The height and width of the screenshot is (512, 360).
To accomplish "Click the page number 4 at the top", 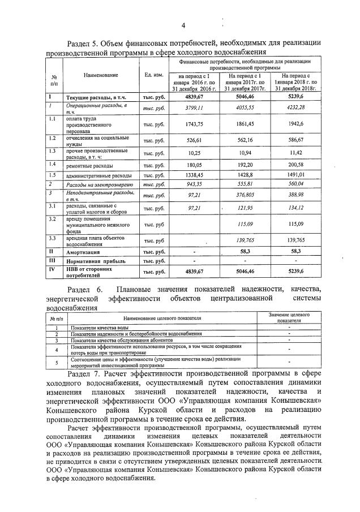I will click(x=183, y=25).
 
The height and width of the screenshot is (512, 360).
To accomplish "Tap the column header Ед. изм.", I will click(x=154, y=75).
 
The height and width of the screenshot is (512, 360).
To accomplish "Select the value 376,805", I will click(x=245, y=195).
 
